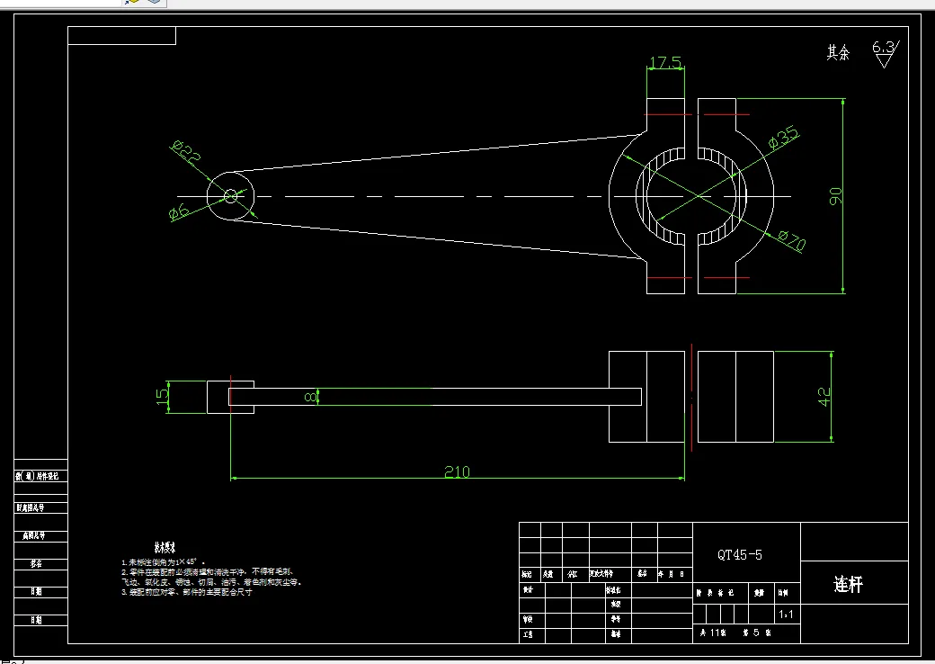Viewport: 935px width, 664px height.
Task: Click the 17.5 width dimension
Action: pyautogui.click(x=665, y=63)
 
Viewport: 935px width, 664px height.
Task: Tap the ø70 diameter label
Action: pyautogui.click(x=791, y=240)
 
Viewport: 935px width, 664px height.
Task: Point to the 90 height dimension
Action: pyautogui.click(x=835, y=196)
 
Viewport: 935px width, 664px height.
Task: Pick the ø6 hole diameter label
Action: pyautogui.click(x=179, y=212)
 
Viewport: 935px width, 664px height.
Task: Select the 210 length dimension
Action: pyautogui.click(x=457, y=471)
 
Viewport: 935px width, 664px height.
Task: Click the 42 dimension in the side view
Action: pyautogui.click(x=824, y=396)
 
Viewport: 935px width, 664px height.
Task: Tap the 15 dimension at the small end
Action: pyautogui.click(x=163, y=397)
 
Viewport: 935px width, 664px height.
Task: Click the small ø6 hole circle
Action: pyautogui.click(x=230, y=195)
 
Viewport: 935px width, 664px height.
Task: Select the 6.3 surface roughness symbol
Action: pyautogui.click(x=885, y=53)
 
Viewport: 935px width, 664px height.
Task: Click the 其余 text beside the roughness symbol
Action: pyautogui.click(x=838, y=53)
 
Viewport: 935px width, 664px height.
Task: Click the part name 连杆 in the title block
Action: pyautogui.click(x=848, y=585)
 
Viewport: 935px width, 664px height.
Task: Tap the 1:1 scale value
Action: pyautogui.click(x=785, y=615)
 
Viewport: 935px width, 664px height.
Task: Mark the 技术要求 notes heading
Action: pyautogui.click(x=164, y=546)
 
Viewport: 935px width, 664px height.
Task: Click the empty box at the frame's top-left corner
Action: pyautogui.click(x=121, y=36)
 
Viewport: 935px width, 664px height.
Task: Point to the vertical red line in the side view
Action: pyautogui.click(x=690, y=396)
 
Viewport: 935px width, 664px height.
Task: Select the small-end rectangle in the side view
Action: pyautogui.click(x=218, y=397)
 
